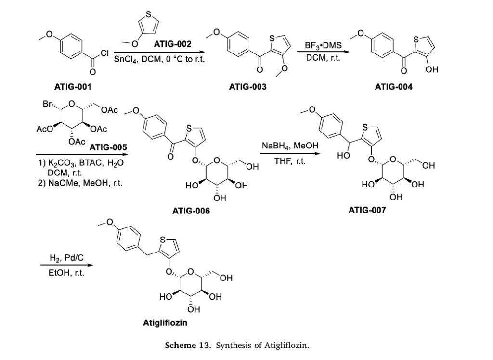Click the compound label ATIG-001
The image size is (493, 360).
click(73, 87)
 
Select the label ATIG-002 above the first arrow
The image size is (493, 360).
click(172, 44)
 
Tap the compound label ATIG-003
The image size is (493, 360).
click(247, 87)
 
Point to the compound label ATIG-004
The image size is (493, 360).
click(393, 87)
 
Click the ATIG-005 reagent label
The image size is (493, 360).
click(108, 147)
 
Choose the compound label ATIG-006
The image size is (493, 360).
click(191, 211)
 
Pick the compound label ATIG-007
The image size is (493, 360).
click(367, 210)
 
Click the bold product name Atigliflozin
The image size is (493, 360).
click(165, 323)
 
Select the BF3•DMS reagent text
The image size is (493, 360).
click(323, 46)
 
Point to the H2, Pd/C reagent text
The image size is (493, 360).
click(66, 258)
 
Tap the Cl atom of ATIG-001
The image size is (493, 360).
click(104, 53)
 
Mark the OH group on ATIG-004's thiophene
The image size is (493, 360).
click(432, 69)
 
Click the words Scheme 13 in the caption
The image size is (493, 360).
click(188, 345)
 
